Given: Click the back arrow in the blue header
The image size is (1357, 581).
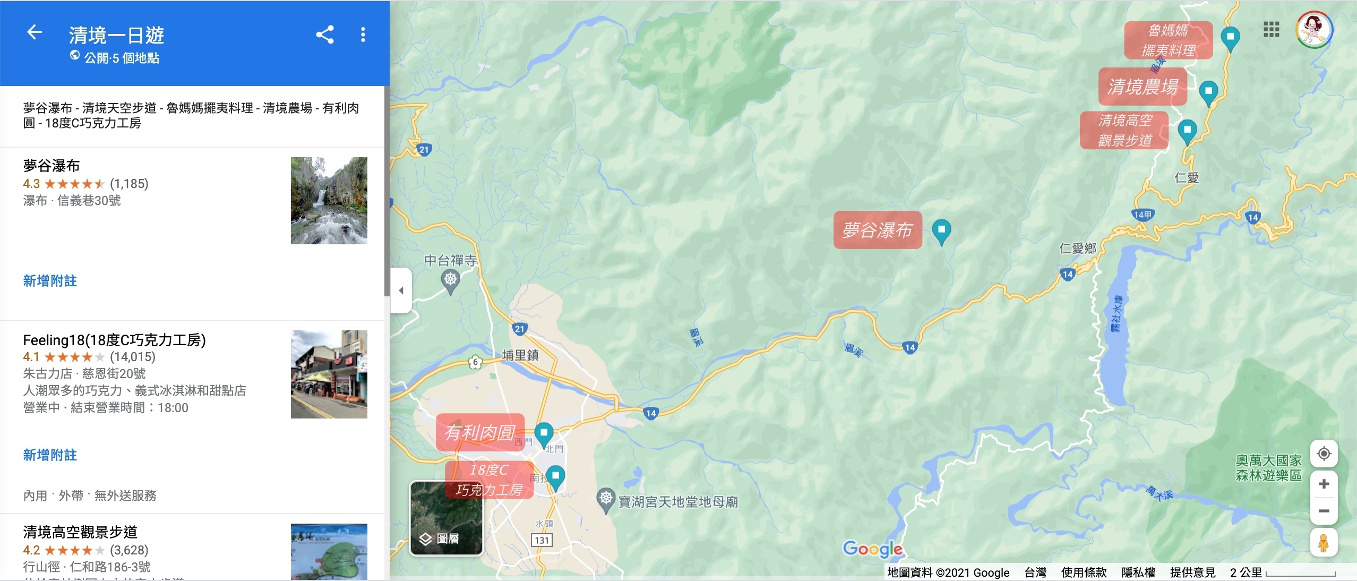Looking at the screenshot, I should tap(35, 32).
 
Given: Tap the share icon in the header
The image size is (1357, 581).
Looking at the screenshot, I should tap(325, 35).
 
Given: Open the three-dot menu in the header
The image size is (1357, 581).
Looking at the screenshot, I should tap(363, 35).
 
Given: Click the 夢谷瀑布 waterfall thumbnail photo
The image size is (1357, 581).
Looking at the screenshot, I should tap(329, 201).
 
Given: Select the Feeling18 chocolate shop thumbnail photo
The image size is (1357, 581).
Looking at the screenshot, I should tap(329, 374).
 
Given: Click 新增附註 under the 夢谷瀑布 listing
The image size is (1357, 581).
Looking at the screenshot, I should tap(50, 281).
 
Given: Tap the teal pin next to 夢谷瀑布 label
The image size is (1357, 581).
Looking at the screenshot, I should tap(941, 231).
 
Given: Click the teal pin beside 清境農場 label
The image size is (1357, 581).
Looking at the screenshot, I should tap(1208, 91).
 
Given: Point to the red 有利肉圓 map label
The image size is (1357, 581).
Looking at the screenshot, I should tap(480, 432).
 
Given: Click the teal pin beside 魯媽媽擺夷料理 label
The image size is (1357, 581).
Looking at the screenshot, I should tap(1230, 38).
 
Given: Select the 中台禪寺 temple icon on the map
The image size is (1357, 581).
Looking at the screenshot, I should tap(450, 279).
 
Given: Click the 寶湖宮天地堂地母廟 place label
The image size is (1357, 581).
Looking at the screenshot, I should tap(678, 501).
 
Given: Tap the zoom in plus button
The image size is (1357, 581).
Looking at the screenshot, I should tap(1324, 484).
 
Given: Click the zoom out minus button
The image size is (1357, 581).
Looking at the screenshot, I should tap(1324, 511).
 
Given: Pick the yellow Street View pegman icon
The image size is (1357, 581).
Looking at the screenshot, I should tap(1324, 543).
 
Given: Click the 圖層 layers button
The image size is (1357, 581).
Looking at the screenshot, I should tap(446, 518).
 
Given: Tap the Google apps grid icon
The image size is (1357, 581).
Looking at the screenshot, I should tap(1271, 30).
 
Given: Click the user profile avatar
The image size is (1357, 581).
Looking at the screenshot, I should tap(1314, 30).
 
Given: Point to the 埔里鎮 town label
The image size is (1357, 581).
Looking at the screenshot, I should tap(520, 355).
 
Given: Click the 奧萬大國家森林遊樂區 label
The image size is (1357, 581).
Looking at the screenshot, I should tap(1268, 468).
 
